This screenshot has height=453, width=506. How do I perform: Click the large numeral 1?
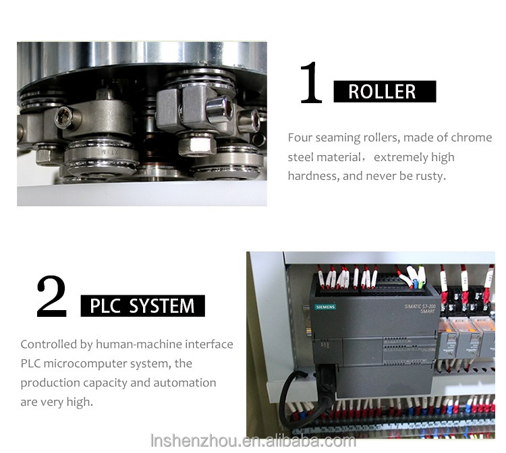[x=311, y=82]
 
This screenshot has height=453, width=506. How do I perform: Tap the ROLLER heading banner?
[x=385, y=92]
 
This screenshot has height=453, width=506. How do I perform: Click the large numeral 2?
[x=52, y=296]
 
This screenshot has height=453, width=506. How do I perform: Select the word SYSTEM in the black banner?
[x=162, y=306]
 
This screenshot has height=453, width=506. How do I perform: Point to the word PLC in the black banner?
[x=105, y=306]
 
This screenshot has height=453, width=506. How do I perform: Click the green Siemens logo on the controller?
[x=325, y=307]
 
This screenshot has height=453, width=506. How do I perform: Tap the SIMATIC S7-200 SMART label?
[x=420, y=309]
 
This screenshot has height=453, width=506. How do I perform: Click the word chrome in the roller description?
[x=471, y=138]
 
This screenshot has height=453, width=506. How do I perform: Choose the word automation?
[x=185, y=383]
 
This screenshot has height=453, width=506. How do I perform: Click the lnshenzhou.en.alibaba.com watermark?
[x=253, y=441]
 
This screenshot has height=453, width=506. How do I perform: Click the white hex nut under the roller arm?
[x=197, y=145]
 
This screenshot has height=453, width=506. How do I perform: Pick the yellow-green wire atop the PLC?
[x=420, y=276]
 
